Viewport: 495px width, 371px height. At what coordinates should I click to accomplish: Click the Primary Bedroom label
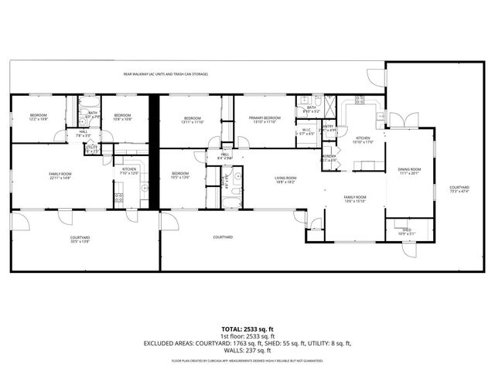(x=264, y=120)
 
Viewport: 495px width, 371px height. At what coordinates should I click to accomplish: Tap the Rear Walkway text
(x=166, y=74)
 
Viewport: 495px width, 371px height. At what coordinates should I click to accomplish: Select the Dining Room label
(x=409, y=171)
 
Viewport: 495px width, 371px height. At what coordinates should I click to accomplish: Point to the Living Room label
(x=286, y=180)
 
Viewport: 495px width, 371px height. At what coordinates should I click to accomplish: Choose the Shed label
(x=405, y=231)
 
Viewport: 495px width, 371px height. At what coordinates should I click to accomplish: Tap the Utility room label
(x=91, y=148)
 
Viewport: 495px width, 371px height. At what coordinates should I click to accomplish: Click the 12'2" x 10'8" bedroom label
(x=39, y=117)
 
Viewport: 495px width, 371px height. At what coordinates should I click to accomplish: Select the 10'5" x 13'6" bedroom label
(x=180, y=175)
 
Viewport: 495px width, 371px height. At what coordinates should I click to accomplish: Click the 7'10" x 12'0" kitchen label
(x=129, y=171)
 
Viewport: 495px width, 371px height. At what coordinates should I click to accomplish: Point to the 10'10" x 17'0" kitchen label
(x=363, y=139)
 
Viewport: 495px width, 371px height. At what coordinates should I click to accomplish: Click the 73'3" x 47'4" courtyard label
(x=459, y=189)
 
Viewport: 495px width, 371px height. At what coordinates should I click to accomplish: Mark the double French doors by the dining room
(x=400, y=120)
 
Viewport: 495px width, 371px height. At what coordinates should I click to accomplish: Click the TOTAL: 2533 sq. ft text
(x=247, y=327)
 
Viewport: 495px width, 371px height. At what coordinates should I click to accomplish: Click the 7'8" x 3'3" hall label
(x=84, y=133)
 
